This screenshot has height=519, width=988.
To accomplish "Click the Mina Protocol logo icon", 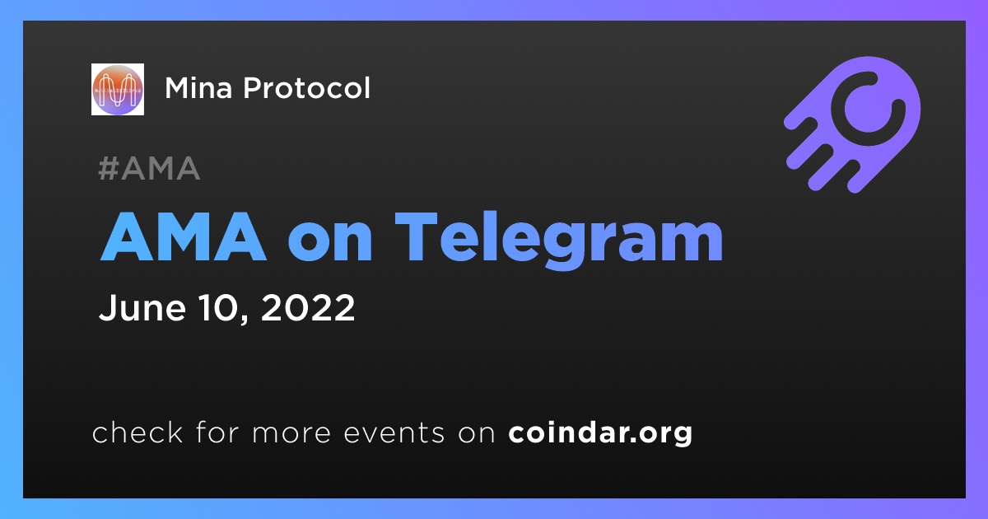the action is (x=117, y=89).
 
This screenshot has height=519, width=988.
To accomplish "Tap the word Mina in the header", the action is (x=198, y=88).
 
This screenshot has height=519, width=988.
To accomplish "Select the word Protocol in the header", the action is (x=306, y=87).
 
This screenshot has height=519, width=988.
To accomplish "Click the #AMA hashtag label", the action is (x=149, y=168).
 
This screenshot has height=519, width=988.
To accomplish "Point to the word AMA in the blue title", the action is (x=184, y=236).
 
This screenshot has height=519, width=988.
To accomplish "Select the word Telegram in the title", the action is (x=559, y=240).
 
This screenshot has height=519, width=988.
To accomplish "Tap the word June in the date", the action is (x=142, y=307).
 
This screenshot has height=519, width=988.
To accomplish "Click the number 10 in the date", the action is (x=217, y=307).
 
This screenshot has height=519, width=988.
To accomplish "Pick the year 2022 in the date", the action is (x=308, y=307).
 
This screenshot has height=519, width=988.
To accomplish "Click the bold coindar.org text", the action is (x=600, y=432).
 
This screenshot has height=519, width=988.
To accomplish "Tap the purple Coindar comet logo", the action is (x=852, y=124).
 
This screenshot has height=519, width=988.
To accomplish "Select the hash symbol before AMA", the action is (x=108, y=168).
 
